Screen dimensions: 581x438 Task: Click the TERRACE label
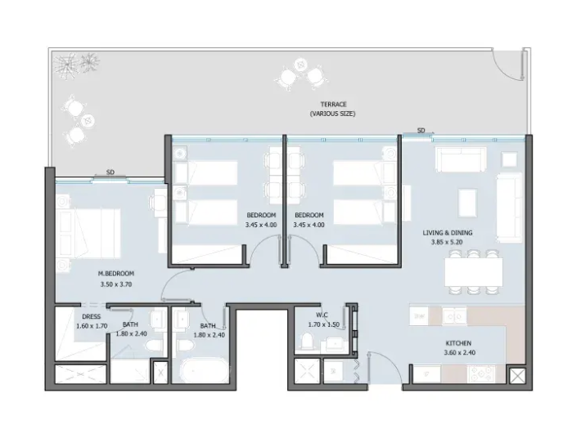click(x=334, y=105)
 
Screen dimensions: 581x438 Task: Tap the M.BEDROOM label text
click(x=116, y=274)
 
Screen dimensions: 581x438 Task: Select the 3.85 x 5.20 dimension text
click(x=447, y=243)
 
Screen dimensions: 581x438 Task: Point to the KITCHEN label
click(x=458, y=343)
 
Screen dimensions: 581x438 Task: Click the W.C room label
click(x=322, y=315)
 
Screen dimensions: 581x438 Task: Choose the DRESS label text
click(x=91, y=317)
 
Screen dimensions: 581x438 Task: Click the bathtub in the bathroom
click(x=205, y=369)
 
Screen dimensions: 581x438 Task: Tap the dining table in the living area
click(x=474, y=272)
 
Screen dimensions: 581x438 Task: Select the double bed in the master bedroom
click(x=89, y=233)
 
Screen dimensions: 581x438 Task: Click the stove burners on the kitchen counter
click(x=481, y=373)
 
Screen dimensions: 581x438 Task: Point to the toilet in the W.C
click(x=307, y=341)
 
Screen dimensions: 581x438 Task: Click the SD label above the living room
click(x=421, y=131)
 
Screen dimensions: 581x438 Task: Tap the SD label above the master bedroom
click(x=110, y=172)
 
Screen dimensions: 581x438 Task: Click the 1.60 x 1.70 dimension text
click(x=92, y=326)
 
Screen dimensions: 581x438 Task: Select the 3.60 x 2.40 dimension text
click(x=459, y=353)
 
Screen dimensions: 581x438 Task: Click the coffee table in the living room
click(x=467, y=203)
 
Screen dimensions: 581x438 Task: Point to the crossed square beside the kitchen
click(x=517, y=377)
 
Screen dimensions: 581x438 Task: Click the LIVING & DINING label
click(x=448, y=233)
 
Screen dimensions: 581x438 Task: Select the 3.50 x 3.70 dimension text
click(x=116, y=284)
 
